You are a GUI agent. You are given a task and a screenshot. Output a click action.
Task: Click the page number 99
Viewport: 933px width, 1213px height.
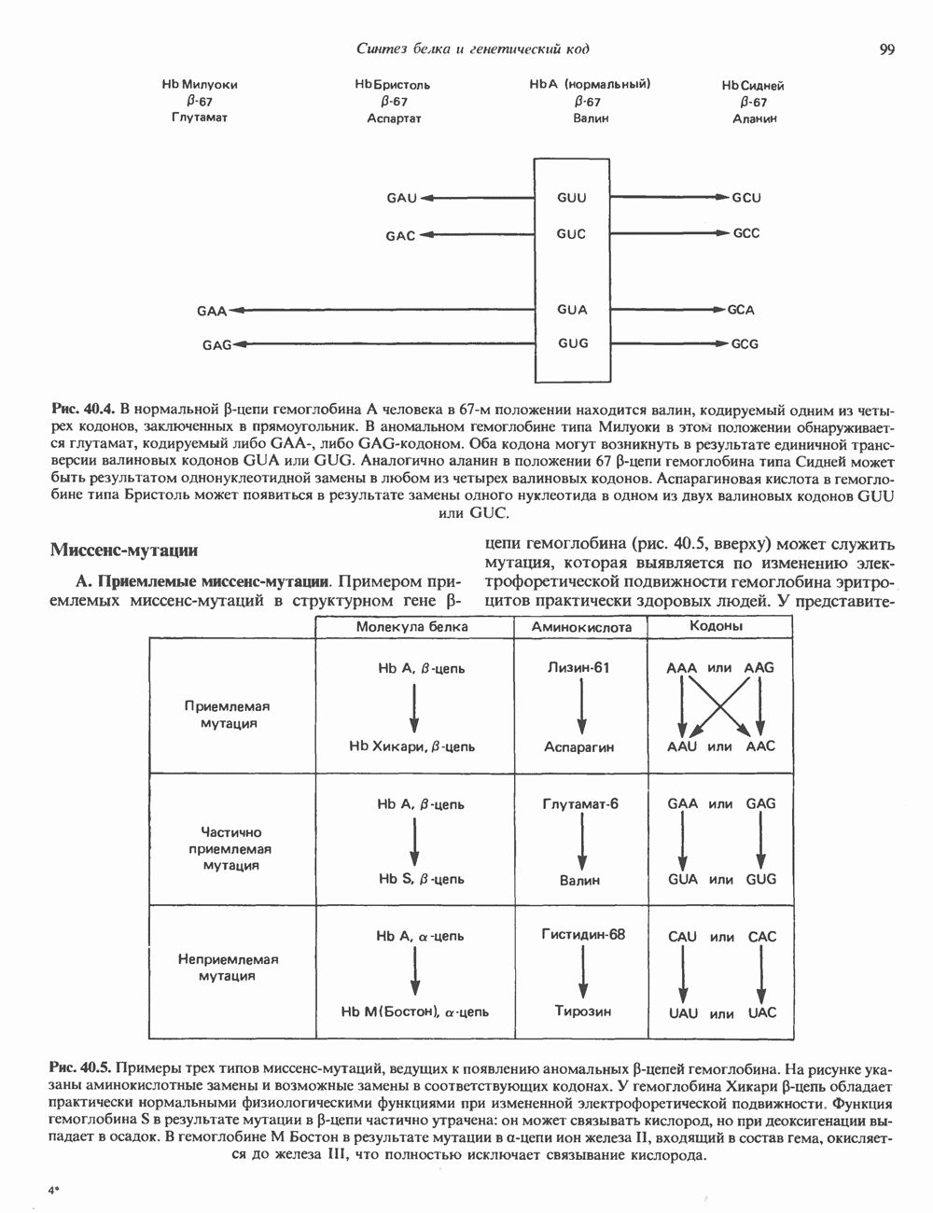(886, 49)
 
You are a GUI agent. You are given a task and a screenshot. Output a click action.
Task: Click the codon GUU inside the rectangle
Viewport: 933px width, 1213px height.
(572, 198)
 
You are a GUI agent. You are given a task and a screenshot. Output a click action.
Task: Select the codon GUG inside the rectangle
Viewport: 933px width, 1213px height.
(573, 343)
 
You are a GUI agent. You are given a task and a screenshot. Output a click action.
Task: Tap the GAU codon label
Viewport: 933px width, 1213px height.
(401, 198)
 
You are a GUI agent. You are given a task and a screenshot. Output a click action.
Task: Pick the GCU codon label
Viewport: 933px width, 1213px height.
(746, 198)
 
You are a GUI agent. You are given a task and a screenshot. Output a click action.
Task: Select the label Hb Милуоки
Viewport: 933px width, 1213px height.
(200, 84)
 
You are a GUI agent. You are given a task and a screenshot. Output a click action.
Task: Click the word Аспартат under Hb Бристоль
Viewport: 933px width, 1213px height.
(395, 119)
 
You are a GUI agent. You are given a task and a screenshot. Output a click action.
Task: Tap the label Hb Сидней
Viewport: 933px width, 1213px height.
(753, 85)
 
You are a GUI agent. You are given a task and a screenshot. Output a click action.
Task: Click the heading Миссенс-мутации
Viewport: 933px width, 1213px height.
(123, 551)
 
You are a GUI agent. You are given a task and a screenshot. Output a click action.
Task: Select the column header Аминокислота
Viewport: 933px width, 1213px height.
(581, 628)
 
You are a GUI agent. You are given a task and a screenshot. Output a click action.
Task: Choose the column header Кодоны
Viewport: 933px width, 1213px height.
(716, 627)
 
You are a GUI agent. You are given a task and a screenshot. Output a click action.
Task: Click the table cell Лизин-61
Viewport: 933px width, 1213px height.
(581, 668)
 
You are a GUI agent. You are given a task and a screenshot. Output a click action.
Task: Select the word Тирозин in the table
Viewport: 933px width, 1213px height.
(582, 1011)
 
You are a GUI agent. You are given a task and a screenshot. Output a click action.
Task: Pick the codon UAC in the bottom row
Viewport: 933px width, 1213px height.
(761, 1012)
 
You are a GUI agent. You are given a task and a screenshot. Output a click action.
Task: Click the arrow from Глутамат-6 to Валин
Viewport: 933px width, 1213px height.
(582, 841)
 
